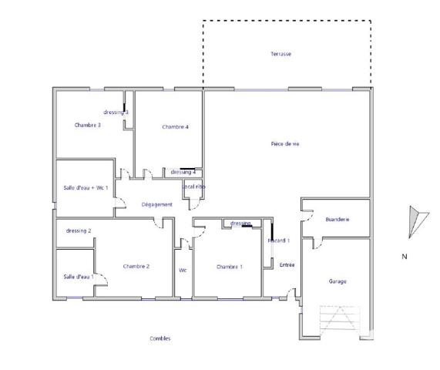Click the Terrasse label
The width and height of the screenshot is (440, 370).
click(280, 54)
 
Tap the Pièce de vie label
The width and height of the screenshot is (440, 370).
click(285, 144)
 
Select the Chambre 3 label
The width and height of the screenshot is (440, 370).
click(88, 125)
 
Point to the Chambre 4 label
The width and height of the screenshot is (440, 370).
click(176, 126)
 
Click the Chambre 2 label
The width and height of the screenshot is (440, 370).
click(136, 267)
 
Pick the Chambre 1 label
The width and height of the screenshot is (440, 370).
click(230, 267)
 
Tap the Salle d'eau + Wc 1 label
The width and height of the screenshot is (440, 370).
click(86, 188)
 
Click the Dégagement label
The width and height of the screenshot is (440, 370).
click(156, 204)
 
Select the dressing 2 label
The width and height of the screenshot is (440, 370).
click(79, 230)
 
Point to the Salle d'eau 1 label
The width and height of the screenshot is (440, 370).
click(79, 277)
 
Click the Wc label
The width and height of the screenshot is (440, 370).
click(183, 270)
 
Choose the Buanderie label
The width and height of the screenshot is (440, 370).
click(338, 220)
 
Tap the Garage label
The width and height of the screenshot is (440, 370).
click(338, 281)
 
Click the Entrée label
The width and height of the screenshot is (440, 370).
click(287, 264)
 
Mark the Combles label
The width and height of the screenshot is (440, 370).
click(160, 338)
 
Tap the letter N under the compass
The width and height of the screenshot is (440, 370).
click(404, 257)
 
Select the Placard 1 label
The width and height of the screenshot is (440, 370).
click(278, 240)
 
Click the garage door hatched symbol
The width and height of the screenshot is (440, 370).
click(339, 321)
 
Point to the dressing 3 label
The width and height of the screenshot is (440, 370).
click(116, 113)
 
